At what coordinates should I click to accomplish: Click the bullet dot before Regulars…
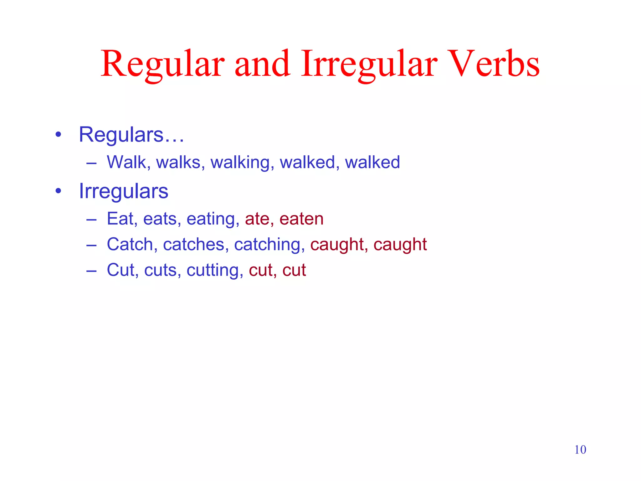(58, 135)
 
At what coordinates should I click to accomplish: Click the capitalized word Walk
(127, 162)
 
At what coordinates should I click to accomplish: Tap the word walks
(178, 162)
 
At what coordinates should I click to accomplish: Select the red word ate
(257, 219)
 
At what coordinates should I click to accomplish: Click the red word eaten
(301, 219)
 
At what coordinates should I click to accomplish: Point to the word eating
(211, 219)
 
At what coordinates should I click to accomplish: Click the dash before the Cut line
(91, 270)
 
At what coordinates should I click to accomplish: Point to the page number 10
(580, 450)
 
